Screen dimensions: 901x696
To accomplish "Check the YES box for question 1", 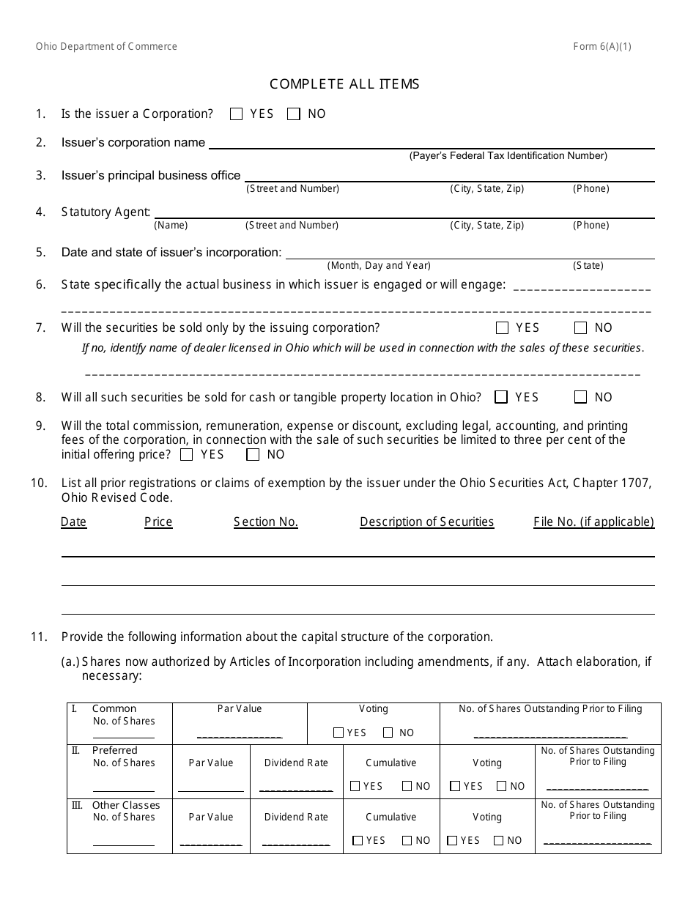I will [x=236, y=114].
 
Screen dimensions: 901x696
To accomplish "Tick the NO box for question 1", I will [x=294, y=114].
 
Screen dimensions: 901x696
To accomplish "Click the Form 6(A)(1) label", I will [x=602, y=47].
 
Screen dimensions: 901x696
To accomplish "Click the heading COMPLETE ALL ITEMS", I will [x=344, y=84].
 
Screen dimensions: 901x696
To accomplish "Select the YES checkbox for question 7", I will [x=502, y=328].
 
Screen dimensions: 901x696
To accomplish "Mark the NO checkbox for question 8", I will [x=581, y=397].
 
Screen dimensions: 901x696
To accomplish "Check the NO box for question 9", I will [x=253, y=455].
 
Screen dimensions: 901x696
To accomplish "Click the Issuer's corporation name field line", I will [x=432, y=147].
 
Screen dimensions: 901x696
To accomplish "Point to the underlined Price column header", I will [x=158, y=522].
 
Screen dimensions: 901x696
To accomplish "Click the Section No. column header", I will [x=266, y=522].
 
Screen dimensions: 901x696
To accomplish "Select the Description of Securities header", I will [x=427, y=522].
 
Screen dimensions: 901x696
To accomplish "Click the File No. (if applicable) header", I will [x=593, y=522].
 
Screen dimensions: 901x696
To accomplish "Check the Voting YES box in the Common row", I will [x=338, y=733].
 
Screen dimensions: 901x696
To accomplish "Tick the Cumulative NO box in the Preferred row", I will [x=407, y=787].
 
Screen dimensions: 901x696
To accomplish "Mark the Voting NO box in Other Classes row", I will [x=499, y=841].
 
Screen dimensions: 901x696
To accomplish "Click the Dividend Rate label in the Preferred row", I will [x=296, y=763].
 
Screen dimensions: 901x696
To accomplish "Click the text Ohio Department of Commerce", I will [x=107, y=47].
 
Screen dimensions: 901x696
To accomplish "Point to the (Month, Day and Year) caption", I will [x=379, y=266].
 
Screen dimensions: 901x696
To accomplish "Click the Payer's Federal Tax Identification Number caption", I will [x=508, y=156].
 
